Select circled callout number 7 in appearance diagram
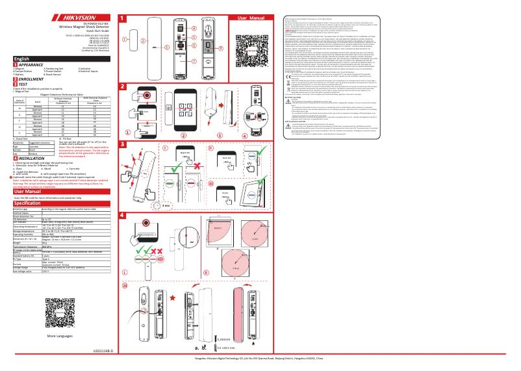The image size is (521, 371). click(193, 57)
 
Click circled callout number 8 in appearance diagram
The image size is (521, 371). click(220, 48)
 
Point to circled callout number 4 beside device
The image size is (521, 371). click(194, 29)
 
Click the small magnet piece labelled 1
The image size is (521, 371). click(134, 43)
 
